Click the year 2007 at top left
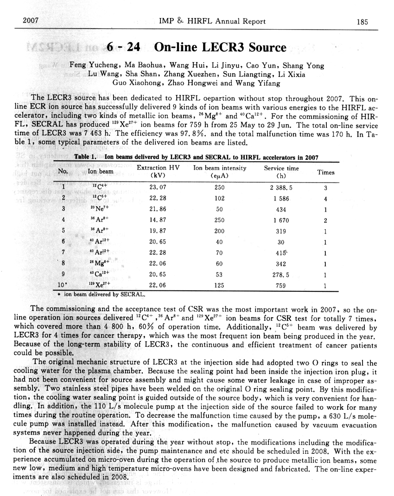coord(31,21)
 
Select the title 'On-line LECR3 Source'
coord(220,48)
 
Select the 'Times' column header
coord(325,172)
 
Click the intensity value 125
coord(220,286)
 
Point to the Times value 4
coord(326,199)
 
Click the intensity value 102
coord(220,199)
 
